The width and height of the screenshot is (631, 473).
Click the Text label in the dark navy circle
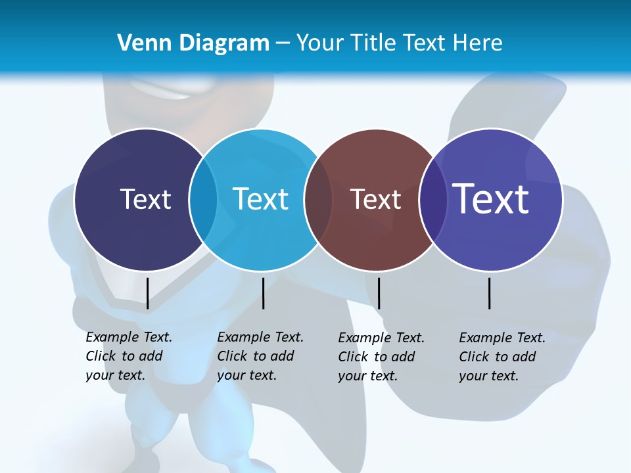pyautogui.click(x=145, y=199)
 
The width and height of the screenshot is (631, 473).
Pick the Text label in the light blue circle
pyautogui.click(x=260, y=199)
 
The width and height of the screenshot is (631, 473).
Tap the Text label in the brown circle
pyautogui.click(x=375, y=199)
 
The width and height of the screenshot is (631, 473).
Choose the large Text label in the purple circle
pyautogui.click(x=490, y=198)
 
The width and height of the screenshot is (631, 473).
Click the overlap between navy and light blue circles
pyautogui.click(x=203, y=200)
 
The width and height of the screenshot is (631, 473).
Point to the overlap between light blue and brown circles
pyautogui.click(x=318, y=200)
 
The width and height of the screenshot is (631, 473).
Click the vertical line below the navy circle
pyautogui.click(x=147, y=293)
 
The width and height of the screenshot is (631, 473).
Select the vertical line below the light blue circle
pyautogui.click(x=263, y=293)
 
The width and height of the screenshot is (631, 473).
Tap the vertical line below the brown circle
pyautogui.click(x=379, y=293)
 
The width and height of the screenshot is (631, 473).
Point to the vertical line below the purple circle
pyautogui.click(x=489, y=293)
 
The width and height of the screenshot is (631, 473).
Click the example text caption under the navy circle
pyautogui.click(x=128, y=356)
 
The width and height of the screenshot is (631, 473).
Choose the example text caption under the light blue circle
pyautogui.click(x=260, y=356)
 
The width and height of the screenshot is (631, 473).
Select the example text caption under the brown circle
pyautogui.click(x=381, y=357)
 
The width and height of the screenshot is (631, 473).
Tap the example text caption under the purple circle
pyautogui.click(x=502, y=357)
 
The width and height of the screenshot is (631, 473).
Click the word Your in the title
pyautogui.click(x=320, y=43)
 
